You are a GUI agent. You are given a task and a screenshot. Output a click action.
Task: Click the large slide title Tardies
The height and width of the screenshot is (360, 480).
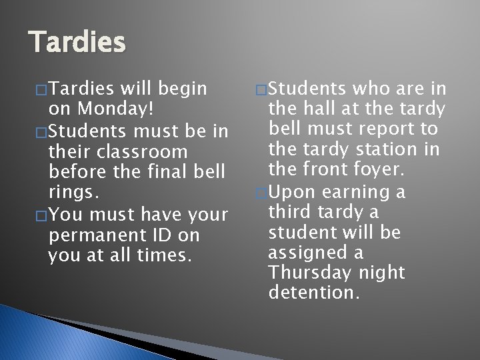tap(77, 43)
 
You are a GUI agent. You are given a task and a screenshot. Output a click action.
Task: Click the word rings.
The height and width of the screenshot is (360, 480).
tap(73, 194)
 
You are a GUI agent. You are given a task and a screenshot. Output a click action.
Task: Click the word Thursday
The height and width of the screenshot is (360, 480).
tap(311, 274)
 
